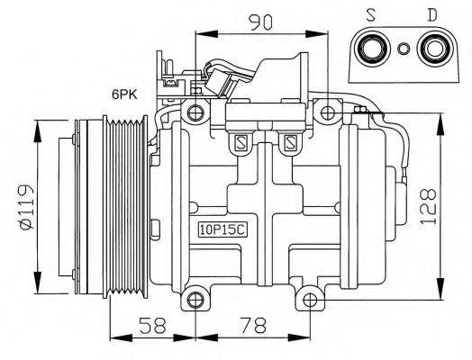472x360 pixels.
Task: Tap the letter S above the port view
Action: (372, 15)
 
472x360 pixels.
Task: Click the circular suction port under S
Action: (372, 49)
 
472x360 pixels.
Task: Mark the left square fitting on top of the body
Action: (240, 141)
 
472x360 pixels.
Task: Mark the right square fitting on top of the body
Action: (290, 141)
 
